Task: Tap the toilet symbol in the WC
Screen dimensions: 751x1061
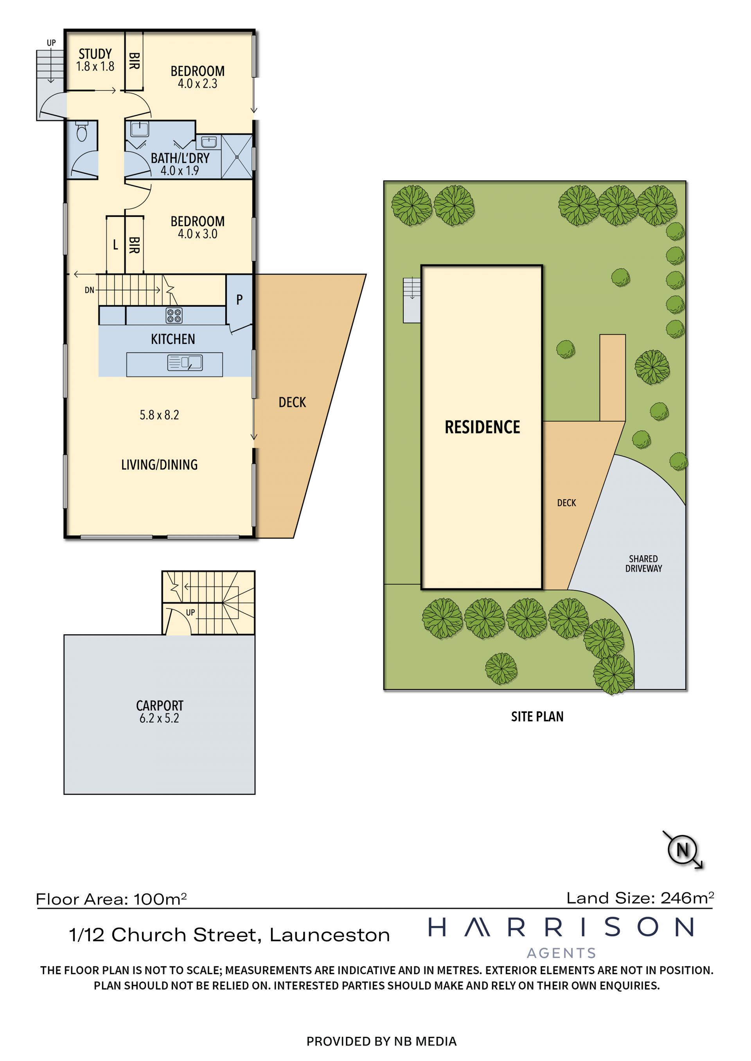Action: click(x=82, y=131)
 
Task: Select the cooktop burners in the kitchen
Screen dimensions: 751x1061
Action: click(x=174, y=316)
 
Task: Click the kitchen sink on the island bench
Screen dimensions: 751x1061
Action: click(x=185, y=363)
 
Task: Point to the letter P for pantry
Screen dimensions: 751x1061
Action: click(x=239, y=300)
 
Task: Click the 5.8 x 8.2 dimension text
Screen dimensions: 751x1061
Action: click(x=159, y=415)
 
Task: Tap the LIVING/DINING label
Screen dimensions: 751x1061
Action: click(x=159, y=465)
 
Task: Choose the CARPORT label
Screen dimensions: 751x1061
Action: click(x=160, y=706)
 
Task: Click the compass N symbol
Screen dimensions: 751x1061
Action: click(x=683, y=849)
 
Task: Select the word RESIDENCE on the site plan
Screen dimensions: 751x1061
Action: click(x=482, y=427)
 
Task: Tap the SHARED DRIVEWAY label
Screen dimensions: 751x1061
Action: click(x=643, y=564)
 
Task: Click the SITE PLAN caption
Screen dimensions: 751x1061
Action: click(x=537, y=717)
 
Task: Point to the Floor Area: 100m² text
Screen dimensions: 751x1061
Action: click(x=111, y=899)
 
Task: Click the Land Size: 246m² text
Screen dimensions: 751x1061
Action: click(x=640, y=898)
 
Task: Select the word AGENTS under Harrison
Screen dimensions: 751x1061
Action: click(x=561, y=953)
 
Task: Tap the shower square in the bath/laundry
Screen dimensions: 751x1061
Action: click(x=237, y=157)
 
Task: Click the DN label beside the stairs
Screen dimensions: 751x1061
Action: click(x=89, y=290)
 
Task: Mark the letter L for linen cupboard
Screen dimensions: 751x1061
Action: click(x=116, y=245)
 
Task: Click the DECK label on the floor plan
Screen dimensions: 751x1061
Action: click(x=292, y=403)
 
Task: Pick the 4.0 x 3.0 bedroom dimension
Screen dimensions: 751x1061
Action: click(x=198, y=234)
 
